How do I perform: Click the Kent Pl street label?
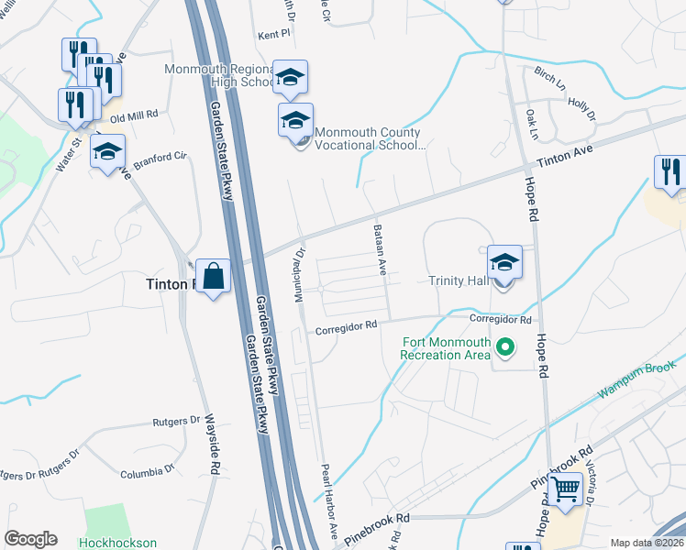click(x=273, y=32)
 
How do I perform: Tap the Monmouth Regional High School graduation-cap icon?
click(x=290, y=79)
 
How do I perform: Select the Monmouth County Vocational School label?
click(x=370, y=137)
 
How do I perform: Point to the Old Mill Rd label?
click(x=134, y=116)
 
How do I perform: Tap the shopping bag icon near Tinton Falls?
click(x=213, y=275)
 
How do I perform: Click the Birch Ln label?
click(x=550, y=78)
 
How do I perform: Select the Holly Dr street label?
click(x=581, y=109)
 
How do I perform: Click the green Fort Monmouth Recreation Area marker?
click(x=503, y=347)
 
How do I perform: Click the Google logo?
click(x=30, y=539)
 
